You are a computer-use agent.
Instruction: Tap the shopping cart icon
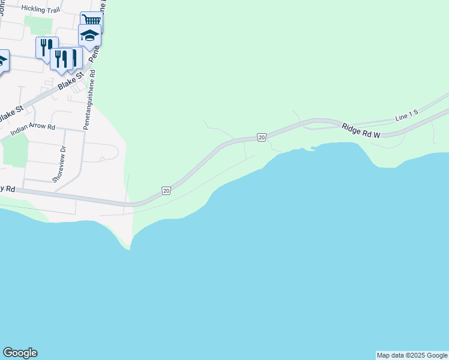point(91,22)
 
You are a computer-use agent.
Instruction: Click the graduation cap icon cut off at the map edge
point(2,61)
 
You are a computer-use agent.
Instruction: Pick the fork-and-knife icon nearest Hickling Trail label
point(47,47)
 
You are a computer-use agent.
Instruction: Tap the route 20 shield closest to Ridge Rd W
point(261,137)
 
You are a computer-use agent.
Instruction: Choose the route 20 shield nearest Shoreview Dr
point(166,191)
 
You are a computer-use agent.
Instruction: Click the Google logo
point(20,352)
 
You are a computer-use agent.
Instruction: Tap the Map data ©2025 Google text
point(412,355)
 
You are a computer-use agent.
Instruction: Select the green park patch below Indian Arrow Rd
point(14,148)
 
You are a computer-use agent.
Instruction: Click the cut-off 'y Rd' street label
point(7,189)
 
